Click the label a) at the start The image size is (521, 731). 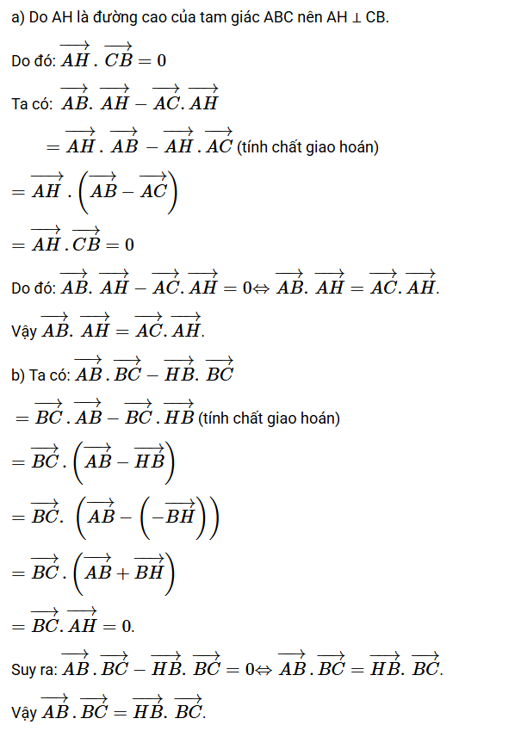(x=16, y=19)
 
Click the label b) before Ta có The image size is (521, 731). (x=17, y=375)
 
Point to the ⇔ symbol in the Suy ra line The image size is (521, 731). (x=265, y=669)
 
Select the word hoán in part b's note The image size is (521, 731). (x=322, y=419)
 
